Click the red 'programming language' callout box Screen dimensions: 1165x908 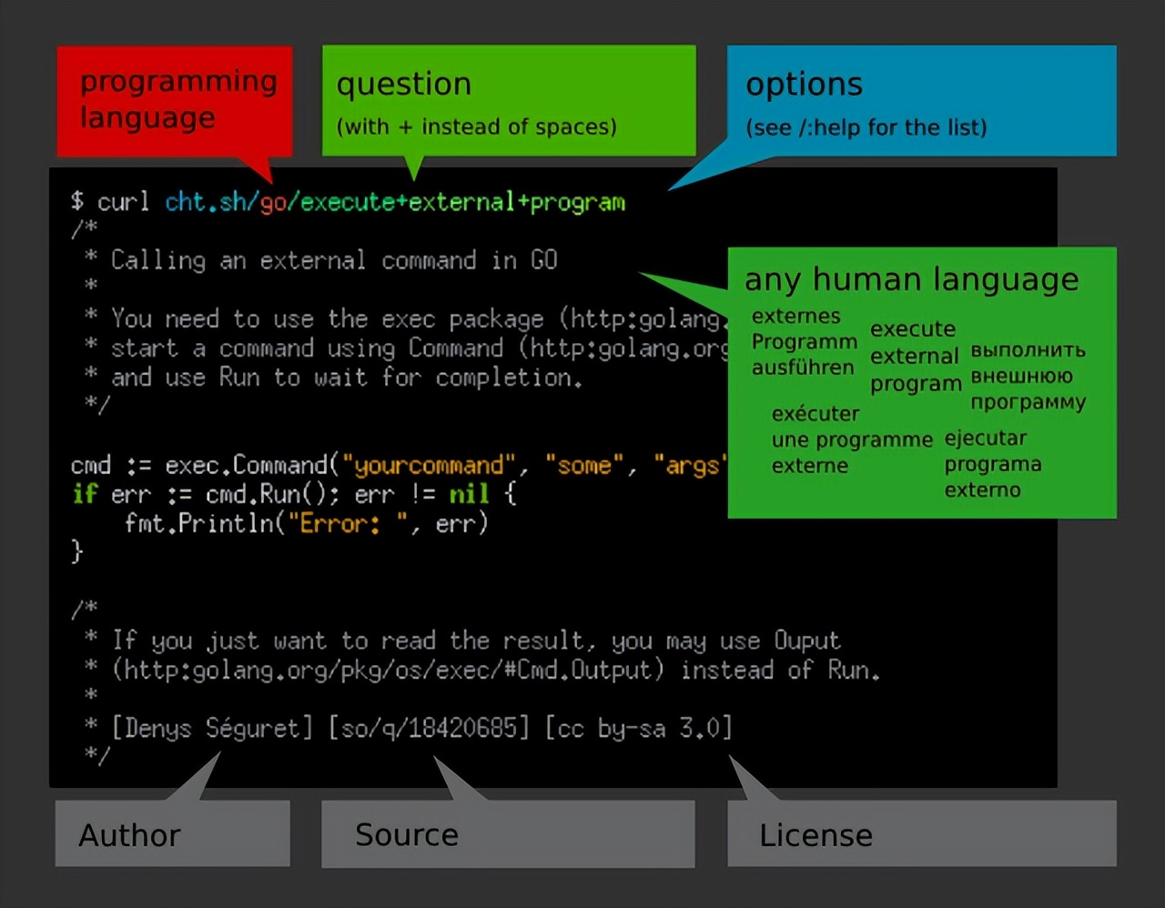click(x=175, y=101)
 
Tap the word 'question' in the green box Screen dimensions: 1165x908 click(x=404, y=85)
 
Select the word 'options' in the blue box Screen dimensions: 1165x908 click(x=805, y=85)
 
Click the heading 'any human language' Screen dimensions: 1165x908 click(x=911, y=279)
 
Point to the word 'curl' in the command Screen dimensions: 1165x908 click(x=123, y=202)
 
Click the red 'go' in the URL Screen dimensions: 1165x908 click(x=273, y=204)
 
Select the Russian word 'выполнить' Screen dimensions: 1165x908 click(x=1028, y=349)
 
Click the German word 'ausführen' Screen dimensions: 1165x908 click(x=803, y=368)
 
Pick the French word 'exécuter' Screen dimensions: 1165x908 click(x=815, y=414)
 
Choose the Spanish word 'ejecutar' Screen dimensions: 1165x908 click(x=986, y=439)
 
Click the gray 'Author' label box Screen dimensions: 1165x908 click(x=173, y=833)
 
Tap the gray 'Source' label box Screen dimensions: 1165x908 click(x=508, y=834)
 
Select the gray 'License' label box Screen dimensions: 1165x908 click(x=922, y=833)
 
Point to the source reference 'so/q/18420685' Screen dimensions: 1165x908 click(x=429, y=729)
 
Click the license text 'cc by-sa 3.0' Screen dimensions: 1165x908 click(x=639, y=729)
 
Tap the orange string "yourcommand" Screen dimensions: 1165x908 click(x=429, y=466)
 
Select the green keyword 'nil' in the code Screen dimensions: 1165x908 click(x=469, y=493)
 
